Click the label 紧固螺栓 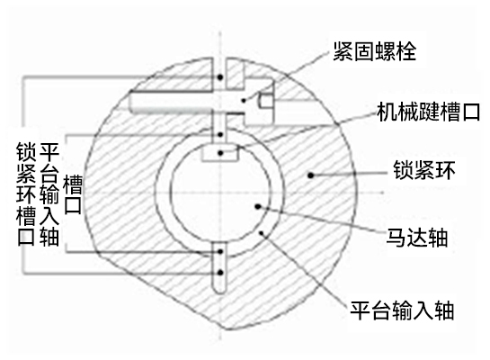click(x=374, y=51)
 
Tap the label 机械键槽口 click(x=429, y=112)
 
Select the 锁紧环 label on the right click(x=424, y=170)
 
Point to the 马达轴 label click(x=417, y=238)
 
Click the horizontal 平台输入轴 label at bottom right click(x=402, y=310)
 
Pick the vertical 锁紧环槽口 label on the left click(x=26, y=193)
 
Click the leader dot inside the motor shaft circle click(x=258, y=206)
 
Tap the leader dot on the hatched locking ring click(x=310, y=175)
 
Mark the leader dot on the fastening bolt click(x=244, y=101)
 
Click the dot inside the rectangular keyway click(x=220, y=153)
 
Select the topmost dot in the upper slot click(x=220, y=76)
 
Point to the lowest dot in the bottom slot click(x=220, y=273)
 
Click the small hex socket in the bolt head click(x=266, y=101)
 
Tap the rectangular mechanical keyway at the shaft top click(x=220, y=153)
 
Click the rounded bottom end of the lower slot click(x=220, y=291)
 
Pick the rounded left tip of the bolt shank click(x=131, y=102)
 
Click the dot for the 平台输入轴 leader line click(x=262, y=233)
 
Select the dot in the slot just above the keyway click(x=220, y=135)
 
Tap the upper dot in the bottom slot click(x=220, y=251)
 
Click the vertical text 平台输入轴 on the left click(x=49, y=193)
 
